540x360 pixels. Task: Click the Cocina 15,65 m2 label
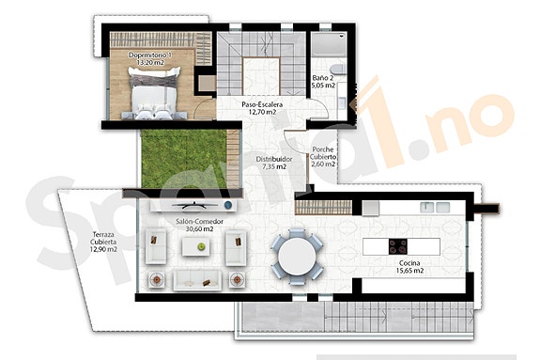(407, 268)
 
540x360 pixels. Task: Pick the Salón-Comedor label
(195, 226)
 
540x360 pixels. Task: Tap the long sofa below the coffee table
(198, 279)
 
